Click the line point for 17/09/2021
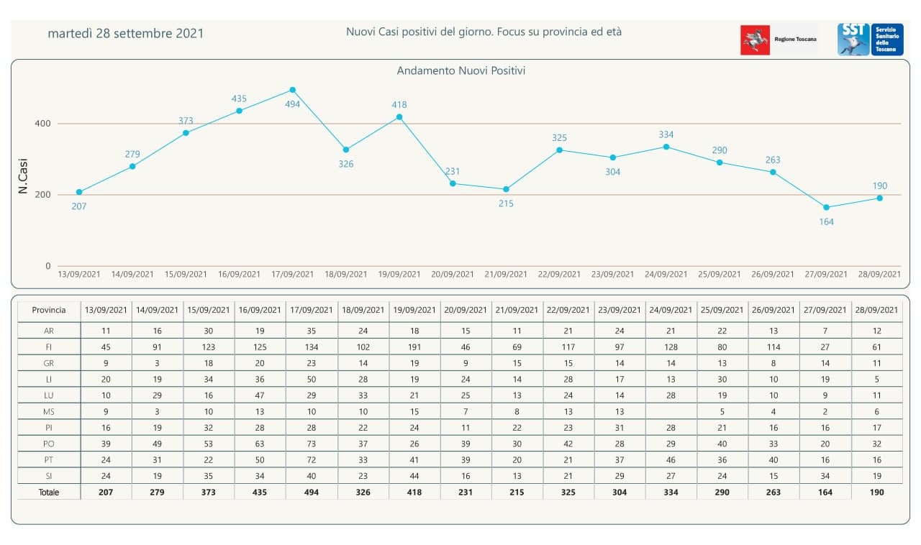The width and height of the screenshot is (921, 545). [293, 90]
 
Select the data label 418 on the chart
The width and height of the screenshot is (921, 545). [399, 105]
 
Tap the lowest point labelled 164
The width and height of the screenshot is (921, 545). [827, 207]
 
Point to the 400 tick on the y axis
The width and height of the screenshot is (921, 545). [43, 124]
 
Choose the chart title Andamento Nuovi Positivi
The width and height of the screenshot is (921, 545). [461, 71]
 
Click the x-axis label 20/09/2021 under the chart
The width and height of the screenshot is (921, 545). [453, 274]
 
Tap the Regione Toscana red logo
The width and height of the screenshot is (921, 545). [755, 40]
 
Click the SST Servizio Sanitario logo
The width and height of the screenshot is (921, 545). [870, 40]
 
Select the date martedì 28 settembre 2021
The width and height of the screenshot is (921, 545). [126, 34]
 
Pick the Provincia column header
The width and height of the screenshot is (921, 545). [49, 310]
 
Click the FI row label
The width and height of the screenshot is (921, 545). [49, 347]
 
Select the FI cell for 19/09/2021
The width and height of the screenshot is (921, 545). [415, 347]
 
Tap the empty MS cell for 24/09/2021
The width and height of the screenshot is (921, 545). [671, 411]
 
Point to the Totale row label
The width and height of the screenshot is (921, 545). [49, 493]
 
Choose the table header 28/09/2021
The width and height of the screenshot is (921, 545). [876, 310]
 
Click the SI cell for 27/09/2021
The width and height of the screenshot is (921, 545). [825, 475]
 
